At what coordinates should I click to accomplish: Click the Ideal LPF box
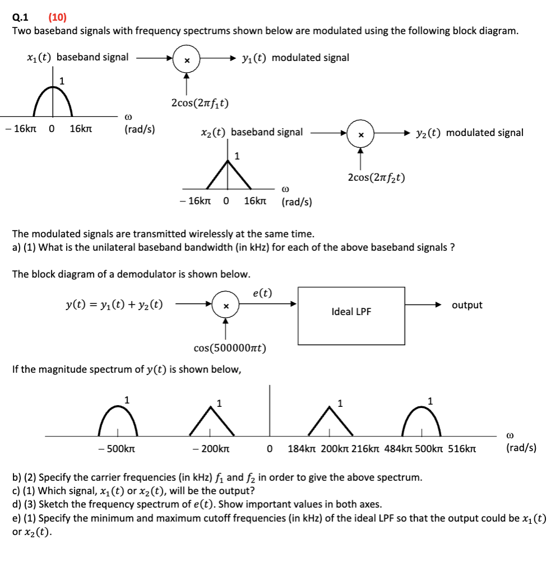(x=351, y=311)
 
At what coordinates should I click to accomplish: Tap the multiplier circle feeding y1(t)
(x=187, y=58)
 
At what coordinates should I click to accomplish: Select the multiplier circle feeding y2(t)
(x=361, y=134)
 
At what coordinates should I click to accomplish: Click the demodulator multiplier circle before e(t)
(x=225, y=306)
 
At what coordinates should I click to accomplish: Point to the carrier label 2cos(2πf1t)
(x=200, y=103)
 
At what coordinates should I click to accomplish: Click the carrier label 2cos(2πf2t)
(x=376, y=177)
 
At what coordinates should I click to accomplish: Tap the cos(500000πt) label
(x=230, y=348)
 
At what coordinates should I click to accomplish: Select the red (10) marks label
(x=57, y=17)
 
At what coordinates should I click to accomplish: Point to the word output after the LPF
(x=467, y=305)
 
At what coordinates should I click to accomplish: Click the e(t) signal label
(x=263, y=293)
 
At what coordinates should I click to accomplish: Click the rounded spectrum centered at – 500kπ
(x=118, y=420)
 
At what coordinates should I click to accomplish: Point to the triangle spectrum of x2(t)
(x=228, y=173)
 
